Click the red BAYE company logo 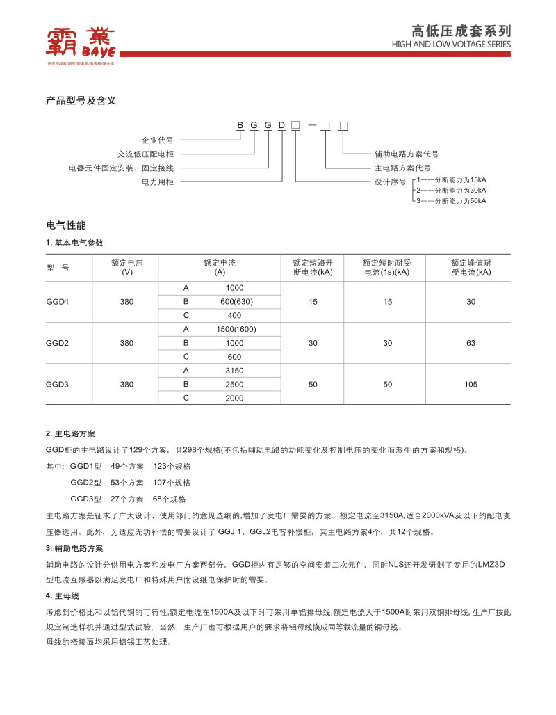click(x=81, y=43)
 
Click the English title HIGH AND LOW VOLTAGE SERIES click(x=451, y=45)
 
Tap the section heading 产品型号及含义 click(x=81, y=101)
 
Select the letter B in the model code click(x=240, y=125)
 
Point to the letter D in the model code click(x=281, y=125)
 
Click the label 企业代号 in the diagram click(x=157, y=140)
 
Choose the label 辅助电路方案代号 click(x=407, y=154)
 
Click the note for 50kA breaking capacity click(x=451, y=200)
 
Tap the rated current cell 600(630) click(x=236, y=302)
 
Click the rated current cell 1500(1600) click(x=236, y=329)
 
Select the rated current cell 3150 click(x=235, y=371)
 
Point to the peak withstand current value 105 click(x=471, y=384)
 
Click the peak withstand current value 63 click(x=471, y=343)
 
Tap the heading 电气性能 click(x=66, y=225)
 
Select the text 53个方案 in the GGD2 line click(x=127, y=483)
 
